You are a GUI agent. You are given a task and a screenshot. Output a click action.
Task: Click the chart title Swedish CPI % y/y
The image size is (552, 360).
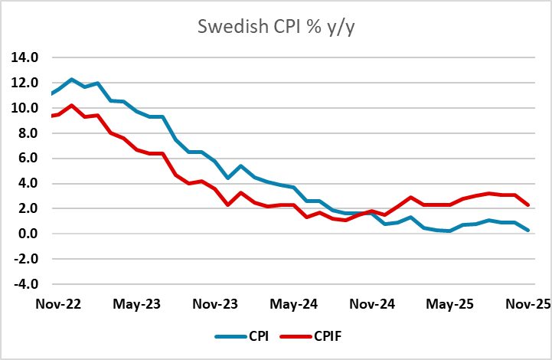[x=276, y=27]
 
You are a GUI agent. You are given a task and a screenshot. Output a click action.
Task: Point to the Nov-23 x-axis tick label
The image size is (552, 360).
[x=215, y=303]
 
